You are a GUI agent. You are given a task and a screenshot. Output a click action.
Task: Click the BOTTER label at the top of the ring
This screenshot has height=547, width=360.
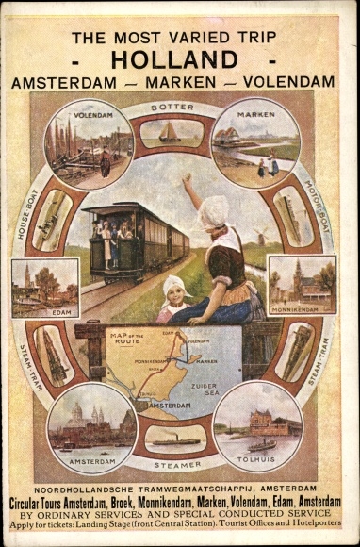click(172, 108)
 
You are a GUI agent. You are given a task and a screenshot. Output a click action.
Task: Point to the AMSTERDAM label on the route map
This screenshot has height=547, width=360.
click(165, 403)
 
